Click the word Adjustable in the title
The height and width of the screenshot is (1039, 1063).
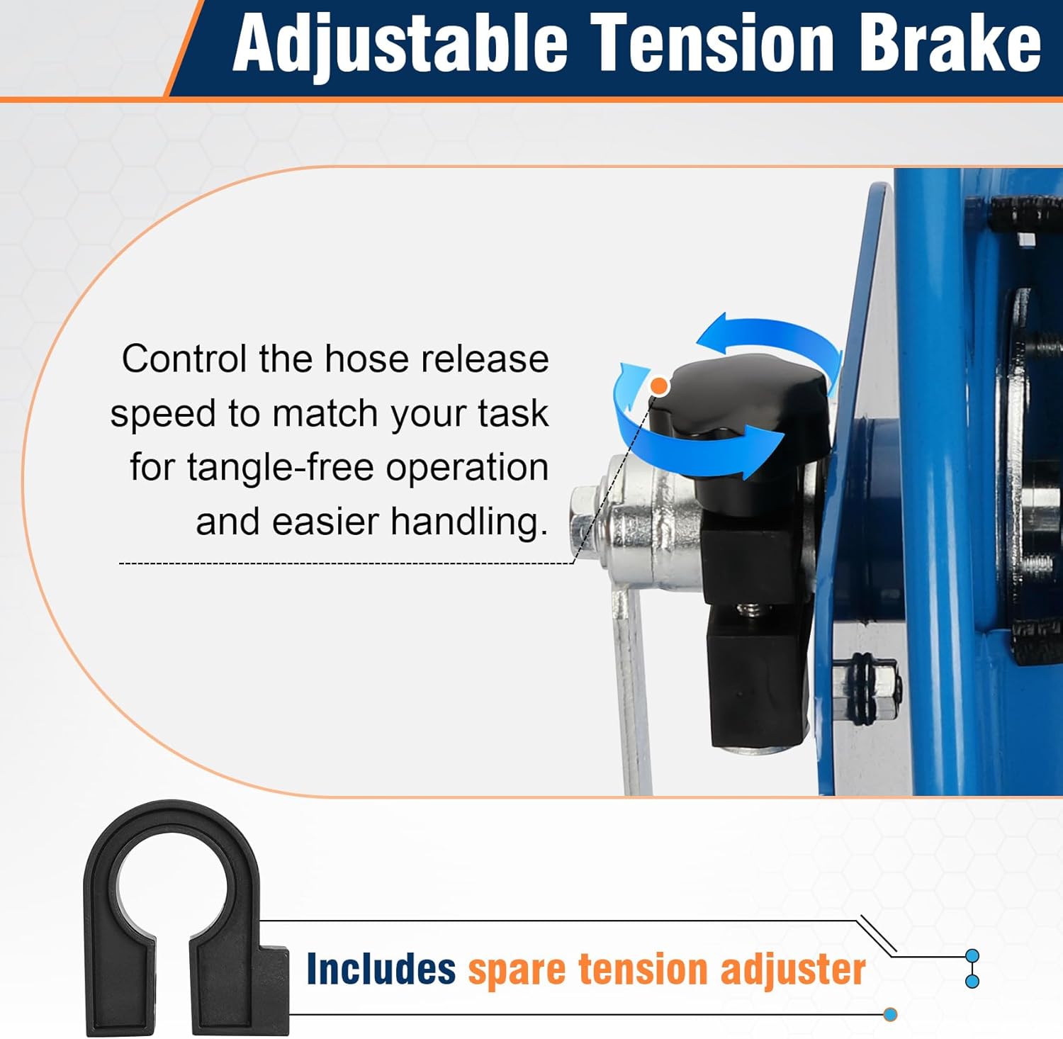tap(400, 44)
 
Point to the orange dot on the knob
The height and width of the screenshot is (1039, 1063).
tap(660, 386)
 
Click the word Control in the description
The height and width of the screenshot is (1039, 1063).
tap(184, 359)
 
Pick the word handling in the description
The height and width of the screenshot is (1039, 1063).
tap(469, 522)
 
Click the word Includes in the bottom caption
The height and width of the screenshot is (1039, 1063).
tap(381, 969)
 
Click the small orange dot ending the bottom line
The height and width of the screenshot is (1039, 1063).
tap(891, 1015)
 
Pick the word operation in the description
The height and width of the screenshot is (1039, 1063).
tap(467, 468)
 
